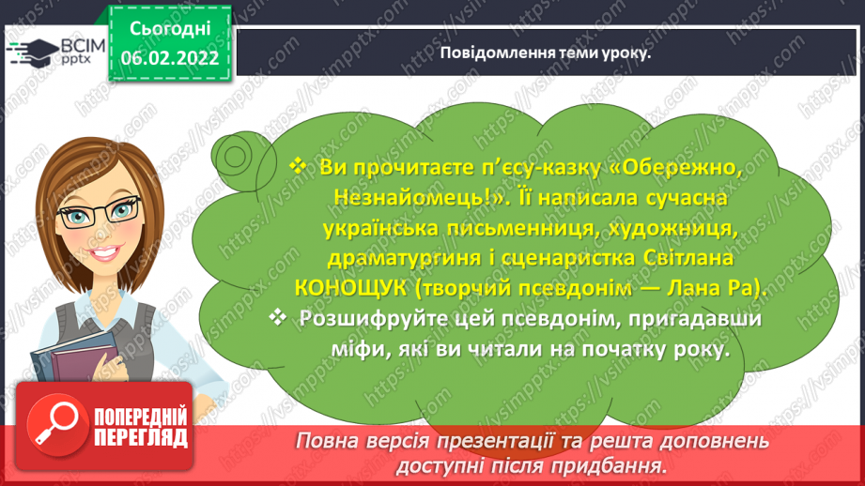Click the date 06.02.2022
tap(170, 58)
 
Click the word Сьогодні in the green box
tap(170, 29)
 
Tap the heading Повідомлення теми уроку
tap(546, 53)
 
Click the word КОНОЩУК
tap(351, 288)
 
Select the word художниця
tap(673, 228)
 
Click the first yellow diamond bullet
tap(298, 165)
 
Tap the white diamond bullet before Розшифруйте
tap(277, 317)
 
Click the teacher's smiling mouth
tap(103, 252)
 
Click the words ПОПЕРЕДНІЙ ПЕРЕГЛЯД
tap(141, 427)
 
